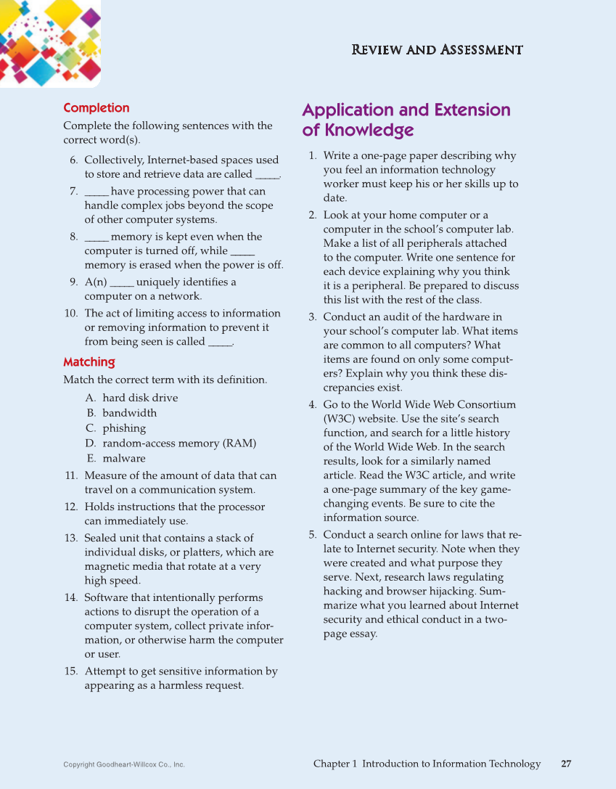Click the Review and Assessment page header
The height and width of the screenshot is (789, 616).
437,50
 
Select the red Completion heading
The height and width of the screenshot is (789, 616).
96,108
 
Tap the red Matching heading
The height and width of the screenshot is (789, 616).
89,361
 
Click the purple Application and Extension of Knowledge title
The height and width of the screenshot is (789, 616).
406,120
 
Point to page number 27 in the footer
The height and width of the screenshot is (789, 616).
566,764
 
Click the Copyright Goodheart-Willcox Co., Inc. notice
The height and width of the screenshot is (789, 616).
124,764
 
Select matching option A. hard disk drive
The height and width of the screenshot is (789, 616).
131,398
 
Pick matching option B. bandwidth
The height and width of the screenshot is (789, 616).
121,413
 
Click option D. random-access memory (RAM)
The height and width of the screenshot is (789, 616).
171,443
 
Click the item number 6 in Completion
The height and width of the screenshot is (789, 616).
73,160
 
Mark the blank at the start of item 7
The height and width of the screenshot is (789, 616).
96,192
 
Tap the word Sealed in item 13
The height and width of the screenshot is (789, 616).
101,538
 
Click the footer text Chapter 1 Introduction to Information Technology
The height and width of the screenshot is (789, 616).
427,764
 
